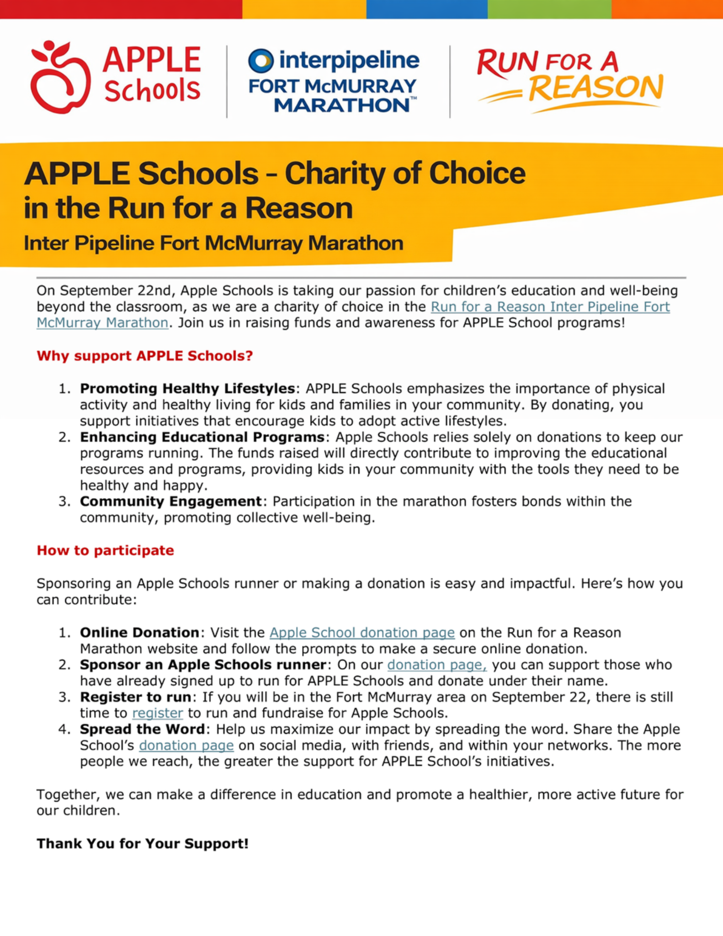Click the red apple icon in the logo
59,78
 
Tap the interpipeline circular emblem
261,61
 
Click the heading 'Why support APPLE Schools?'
144,356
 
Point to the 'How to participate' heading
105,550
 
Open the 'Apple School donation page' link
362,633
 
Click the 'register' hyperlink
157,713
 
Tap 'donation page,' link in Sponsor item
437,665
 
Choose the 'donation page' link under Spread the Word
186,745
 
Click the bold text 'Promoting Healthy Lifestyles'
187,388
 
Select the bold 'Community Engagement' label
170,501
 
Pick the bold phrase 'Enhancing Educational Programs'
202,437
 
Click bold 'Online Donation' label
139,633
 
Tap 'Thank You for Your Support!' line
143,843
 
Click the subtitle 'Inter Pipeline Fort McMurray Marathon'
213,243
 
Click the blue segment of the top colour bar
427,9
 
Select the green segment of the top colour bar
549,9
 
